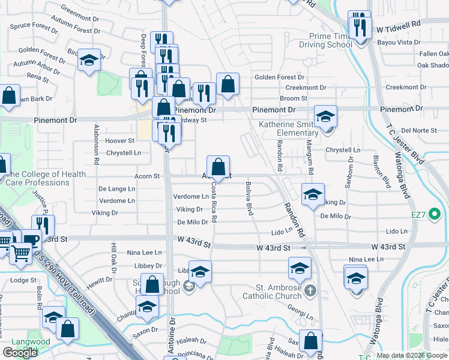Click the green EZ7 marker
click(435, 213)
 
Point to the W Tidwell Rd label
click(399, 28)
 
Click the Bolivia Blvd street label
click(248, 200)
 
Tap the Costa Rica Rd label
click(214, 202)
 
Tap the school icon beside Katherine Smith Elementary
click(326, 115)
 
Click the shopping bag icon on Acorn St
click(218, 166)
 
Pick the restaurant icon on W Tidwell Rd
click(360, 26)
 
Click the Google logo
click(20, 353)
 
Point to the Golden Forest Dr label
click(279, 77)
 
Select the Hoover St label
click(119, 140)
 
